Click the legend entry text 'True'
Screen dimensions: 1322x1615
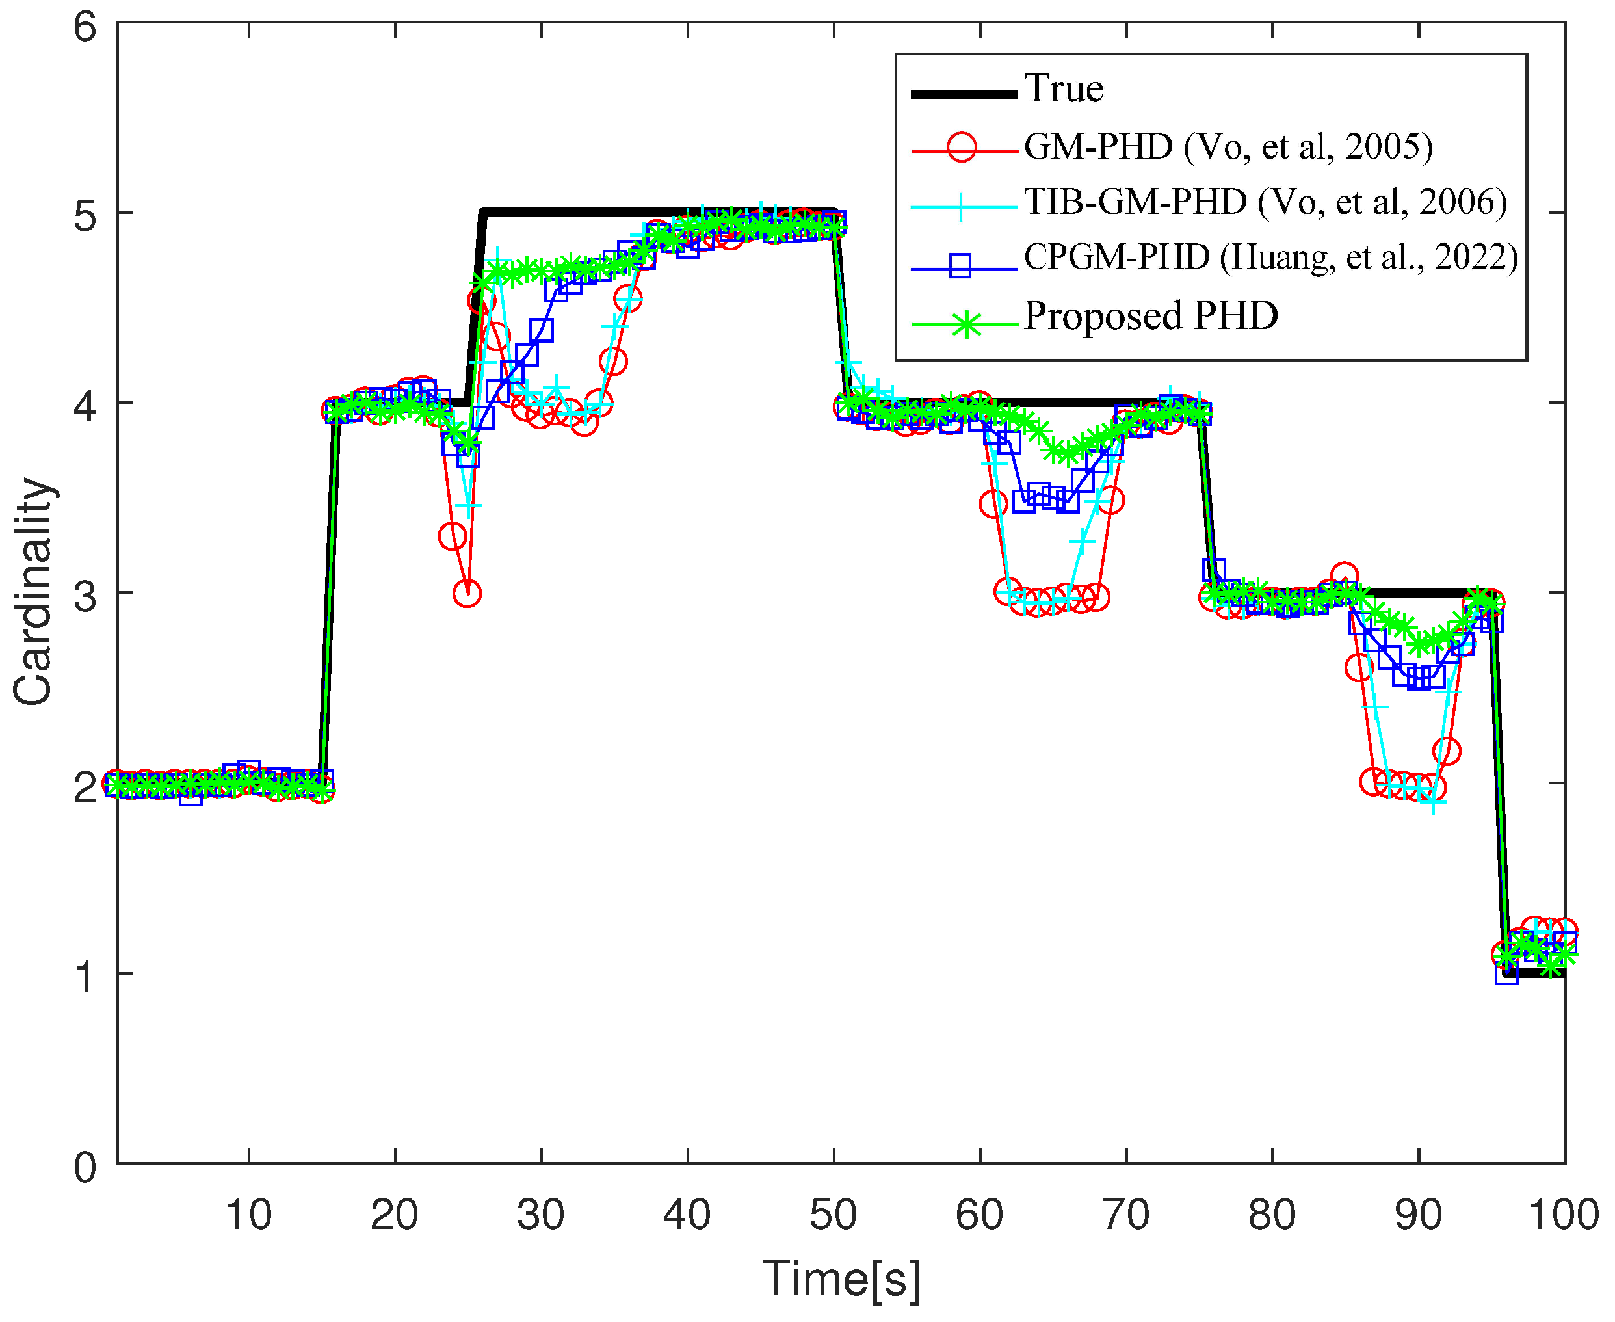click(x=1063, y=89)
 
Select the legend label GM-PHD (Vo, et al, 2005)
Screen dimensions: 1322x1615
click(x=1228, y=146)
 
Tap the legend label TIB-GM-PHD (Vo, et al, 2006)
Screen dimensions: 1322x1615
click(x=1265, y=202)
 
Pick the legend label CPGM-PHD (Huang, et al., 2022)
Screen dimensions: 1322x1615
click(x=1270, y=258)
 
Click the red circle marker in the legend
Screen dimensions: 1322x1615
click(x=962, y=146)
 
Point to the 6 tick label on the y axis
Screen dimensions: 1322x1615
click(x=85, y=27)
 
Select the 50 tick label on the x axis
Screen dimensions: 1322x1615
click(x=833, y=1215)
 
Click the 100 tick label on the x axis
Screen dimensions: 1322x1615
click(x=1563, y=1215)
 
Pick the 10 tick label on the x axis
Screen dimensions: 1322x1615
click(x=248, y=1215)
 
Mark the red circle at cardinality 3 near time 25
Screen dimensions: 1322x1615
click(x=467, y=593)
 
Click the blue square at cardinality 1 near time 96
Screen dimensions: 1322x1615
click(x=1505, y=973)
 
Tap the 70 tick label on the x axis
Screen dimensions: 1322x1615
click(x=1125, y=1215)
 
